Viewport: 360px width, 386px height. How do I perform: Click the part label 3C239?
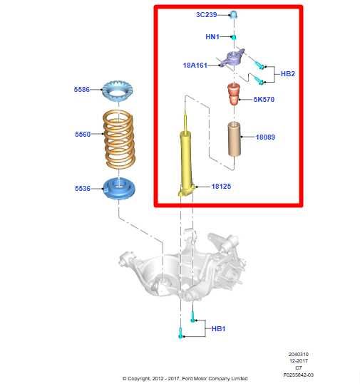(x=207, y=14)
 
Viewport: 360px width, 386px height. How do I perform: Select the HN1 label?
(x=212, y=36)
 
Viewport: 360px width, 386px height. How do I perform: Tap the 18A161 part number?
(x=195, y=66)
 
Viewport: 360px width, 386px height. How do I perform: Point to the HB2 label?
(x=288, y=74)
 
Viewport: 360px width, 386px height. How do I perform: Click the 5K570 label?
(x=263, y=100)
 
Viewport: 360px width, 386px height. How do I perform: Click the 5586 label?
(x=83, y=90)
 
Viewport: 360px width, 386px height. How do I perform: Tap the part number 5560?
(x=83, y=133)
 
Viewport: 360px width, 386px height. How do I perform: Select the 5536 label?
(x=83, y=189)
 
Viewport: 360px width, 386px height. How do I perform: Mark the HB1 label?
(x=219, y=328)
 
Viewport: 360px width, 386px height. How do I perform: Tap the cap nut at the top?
(x=234, y=14)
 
